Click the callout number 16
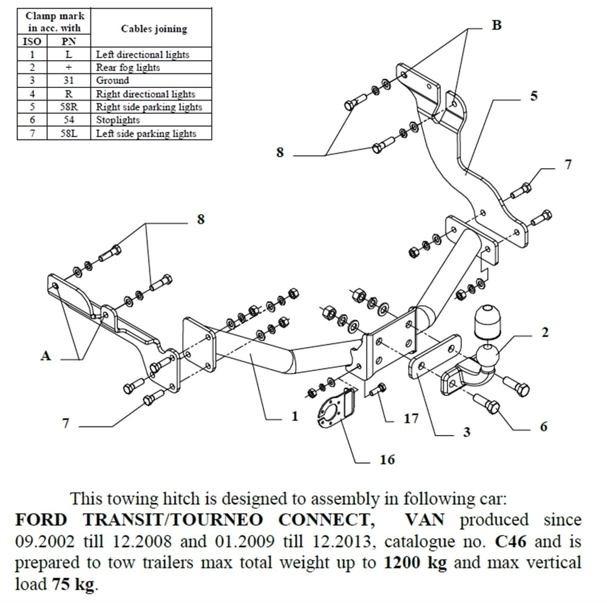point(387,460)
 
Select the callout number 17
point(412,419)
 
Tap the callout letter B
point(497,26)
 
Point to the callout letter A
point(46,356)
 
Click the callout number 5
point(534,96)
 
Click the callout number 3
point(466,432)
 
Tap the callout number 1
point(294,416)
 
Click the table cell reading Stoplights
point(118,120)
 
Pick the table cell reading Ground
point(113,81)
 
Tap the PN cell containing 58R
point(68,107)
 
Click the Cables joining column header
point(154,29)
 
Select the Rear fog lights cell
point(128,67)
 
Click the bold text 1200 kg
point(416,562)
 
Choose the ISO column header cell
point(32,42)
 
